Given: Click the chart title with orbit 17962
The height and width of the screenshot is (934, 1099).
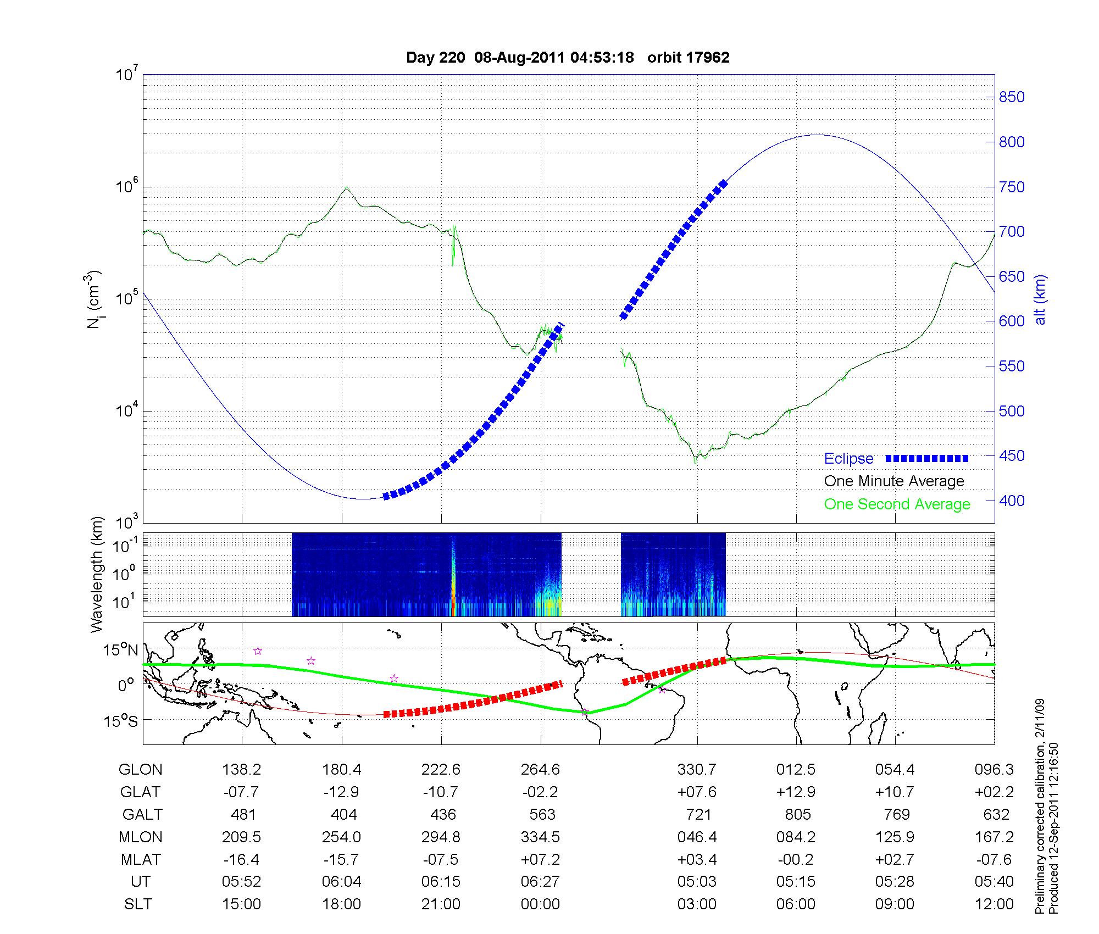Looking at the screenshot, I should (568, 58).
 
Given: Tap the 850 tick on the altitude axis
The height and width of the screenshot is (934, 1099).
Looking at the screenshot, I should (1011, 97).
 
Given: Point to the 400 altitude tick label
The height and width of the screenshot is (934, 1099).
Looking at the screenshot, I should (1011, 501).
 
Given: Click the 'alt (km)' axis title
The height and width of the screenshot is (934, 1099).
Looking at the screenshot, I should (1040, 299).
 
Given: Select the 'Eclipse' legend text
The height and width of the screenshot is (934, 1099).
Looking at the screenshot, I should (848, 459).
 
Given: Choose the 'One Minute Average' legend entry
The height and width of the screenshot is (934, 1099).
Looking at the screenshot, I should (894, 481).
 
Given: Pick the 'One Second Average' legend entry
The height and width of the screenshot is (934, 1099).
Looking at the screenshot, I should (897, 504).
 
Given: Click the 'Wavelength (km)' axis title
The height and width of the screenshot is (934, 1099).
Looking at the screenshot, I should (97, 575).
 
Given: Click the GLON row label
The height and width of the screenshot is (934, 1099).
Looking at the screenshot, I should (140, 770).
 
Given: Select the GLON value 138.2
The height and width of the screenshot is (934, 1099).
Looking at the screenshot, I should (242, 770).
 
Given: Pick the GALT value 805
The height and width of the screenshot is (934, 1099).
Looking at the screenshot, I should (797, 814).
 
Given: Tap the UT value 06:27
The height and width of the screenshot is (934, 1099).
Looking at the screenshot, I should (540, 882).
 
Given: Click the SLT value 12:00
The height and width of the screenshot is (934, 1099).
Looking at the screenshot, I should (994, 904).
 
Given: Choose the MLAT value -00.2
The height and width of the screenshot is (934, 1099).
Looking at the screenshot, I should (796, 859).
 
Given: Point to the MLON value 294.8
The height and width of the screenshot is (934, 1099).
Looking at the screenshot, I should (441, 837).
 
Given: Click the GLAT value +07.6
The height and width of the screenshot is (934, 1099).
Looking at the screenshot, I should (697, 792).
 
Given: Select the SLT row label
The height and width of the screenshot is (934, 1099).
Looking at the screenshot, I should (138, 904).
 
